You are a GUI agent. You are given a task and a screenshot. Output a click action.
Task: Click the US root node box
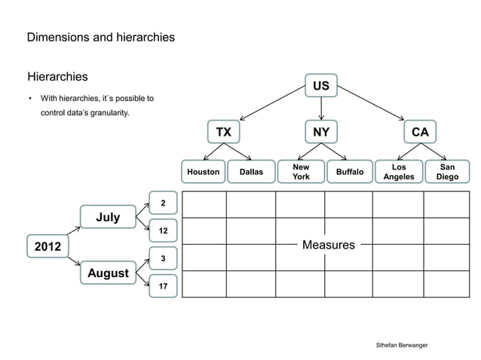[x=321, y=86]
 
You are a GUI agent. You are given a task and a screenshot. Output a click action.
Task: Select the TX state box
[x=224, y=132]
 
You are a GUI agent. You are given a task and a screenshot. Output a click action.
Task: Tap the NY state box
[x=321, y=132]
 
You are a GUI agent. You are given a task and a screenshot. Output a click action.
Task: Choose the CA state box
[x=420, y=132]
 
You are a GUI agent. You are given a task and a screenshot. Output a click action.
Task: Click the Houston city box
[x=203, y=172]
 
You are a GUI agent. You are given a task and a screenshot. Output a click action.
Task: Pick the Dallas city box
[x=251, y=172]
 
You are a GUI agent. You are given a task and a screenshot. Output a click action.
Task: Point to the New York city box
[x=301, y=172]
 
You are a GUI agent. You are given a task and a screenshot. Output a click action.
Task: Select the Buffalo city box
[x=350, y=172]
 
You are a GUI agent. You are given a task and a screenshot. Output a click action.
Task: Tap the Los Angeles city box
[x=399, y=172]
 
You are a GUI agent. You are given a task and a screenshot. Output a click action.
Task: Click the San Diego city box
[x=447, y=172]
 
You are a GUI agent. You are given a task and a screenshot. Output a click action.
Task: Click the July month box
[x=108, y=217]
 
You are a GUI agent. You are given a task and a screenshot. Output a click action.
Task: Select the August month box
[x=108, y=273]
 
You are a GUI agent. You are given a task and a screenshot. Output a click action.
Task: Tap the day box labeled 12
[x=163, y=230]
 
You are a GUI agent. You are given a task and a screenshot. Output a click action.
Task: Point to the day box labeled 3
[x=163, y=259]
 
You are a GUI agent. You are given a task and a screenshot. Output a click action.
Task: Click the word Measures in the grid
[x=328, y=245]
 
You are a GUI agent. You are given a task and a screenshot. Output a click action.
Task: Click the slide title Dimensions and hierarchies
[x=101, y=36]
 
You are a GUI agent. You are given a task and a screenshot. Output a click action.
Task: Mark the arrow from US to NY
[x=321, y=108]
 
